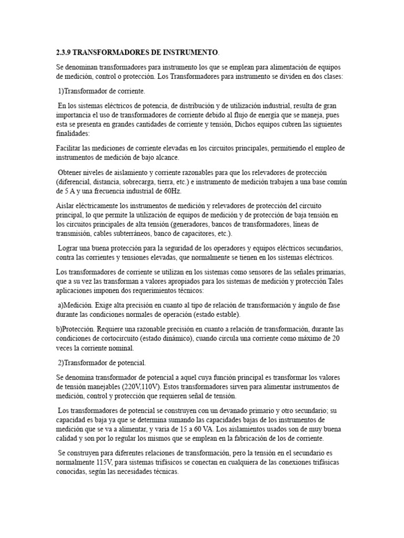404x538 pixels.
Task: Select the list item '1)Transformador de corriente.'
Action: pos(94,91)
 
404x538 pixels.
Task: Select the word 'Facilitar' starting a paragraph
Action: pos(69,148)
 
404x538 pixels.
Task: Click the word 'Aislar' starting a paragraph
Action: pos(65,206)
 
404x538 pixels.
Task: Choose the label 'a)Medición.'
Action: pos(77,305)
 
